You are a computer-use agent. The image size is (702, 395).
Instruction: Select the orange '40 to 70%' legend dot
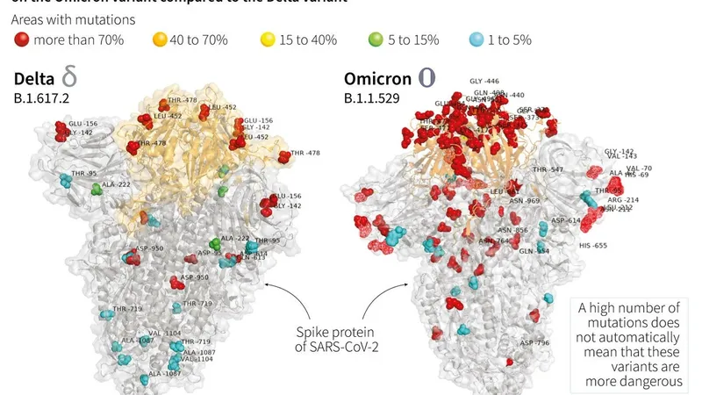click(x=161, y=39)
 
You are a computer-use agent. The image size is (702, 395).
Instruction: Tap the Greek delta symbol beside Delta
click(x=69, y=77)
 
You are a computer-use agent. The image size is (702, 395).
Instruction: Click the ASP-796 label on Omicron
click(x=534, y=342)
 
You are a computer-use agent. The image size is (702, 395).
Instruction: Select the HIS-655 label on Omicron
click(x=593, y=245)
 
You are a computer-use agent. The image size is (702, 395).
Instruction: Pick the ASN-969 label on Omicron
click(x=526, y=201)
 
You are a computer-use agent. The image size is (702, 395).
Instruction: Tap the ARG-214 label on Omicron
click(x=625, y=200)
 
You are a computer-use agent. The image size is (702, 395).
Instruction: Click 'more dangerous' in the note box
click(x=629, y=381)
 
